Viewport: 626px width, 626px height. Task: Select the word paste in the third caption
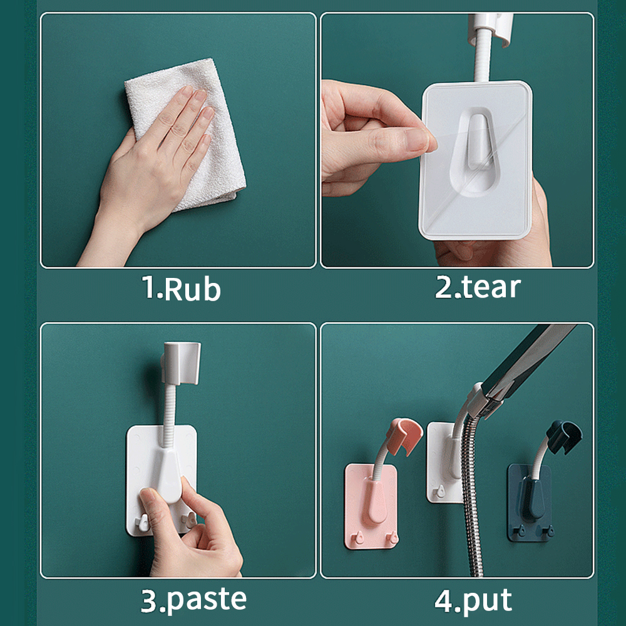206,600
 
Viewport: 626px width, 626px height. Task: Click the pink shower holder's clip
404,435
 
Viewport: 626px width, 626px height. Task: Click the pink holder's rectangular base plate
371,506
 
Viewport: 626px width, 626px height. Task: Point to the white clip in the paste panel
182,362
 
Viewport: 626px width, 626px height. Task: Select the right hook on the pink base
393,537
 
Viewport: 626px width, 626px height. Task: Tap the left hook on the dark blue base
520,530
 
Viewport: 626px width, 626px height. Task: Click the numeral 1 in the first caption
148,287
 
